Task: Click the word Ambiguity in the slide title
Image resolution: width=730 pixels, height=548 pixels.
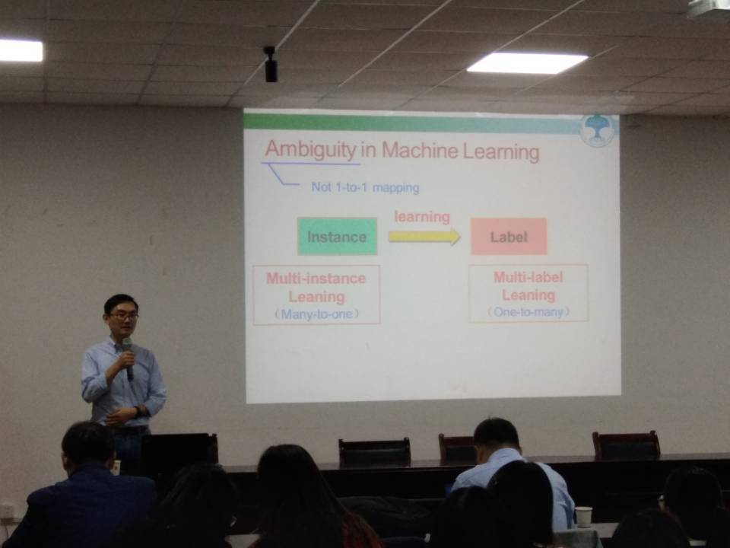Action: pyautogui.click(x=310, y=150)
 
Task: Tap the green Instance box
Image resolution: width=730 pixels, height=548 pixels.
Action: pyautogui.click(x=337, y=236)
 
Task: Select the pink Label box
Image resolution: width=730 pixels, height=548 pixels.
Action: pyautogui.click(x=509, y=236)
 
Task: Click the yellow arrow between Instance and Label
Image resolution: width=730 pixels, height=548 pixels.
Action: pyautogui.click(x=424, y=236)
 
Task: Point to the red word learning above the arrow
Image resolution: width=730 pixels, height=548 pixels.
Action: pyautogui.click(x=422, y=217)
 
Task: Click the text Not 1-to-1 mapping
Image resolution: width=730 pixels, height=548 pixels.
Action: pyautogui.click(x=365, y=187)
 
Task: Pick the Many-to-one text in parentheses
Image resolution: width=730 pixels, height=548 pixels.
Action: pyautogui.click(x=316, y=314)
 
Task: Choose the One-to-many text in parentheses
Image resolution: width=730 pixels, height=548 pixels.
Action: pyautogui.click(x=528, y=312)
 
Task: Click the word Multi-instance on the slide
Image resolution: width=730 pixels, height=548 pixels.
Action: pyautogui.click(x=316, y=279)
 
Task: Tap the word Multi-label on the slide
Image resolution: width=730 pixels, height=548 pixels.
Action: pyautogui.click(x=528, y=277)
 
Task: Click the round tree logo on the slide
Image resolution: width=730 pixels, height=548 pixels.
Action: pyautogui.click(x=598, y=129)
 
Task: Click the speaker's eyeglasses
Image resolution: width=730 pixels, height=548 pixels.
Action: pyautogui.click(x=124, y=315)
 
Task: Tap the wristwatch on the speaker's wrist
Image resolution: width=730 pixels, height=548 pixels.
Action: pyautogui.click(x=138, y=412)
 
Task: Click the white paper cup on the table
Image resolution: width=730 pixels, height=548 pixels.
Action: pyautogui.click(x=583, y=517)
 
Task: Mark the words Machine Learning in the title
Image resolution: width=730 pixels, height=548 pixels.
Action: pyautogui.click(x=461, y=151)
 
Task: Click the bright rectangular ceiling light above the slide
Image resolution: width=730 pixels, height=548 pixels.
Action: pyautogui.click(x=527, y=63)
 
